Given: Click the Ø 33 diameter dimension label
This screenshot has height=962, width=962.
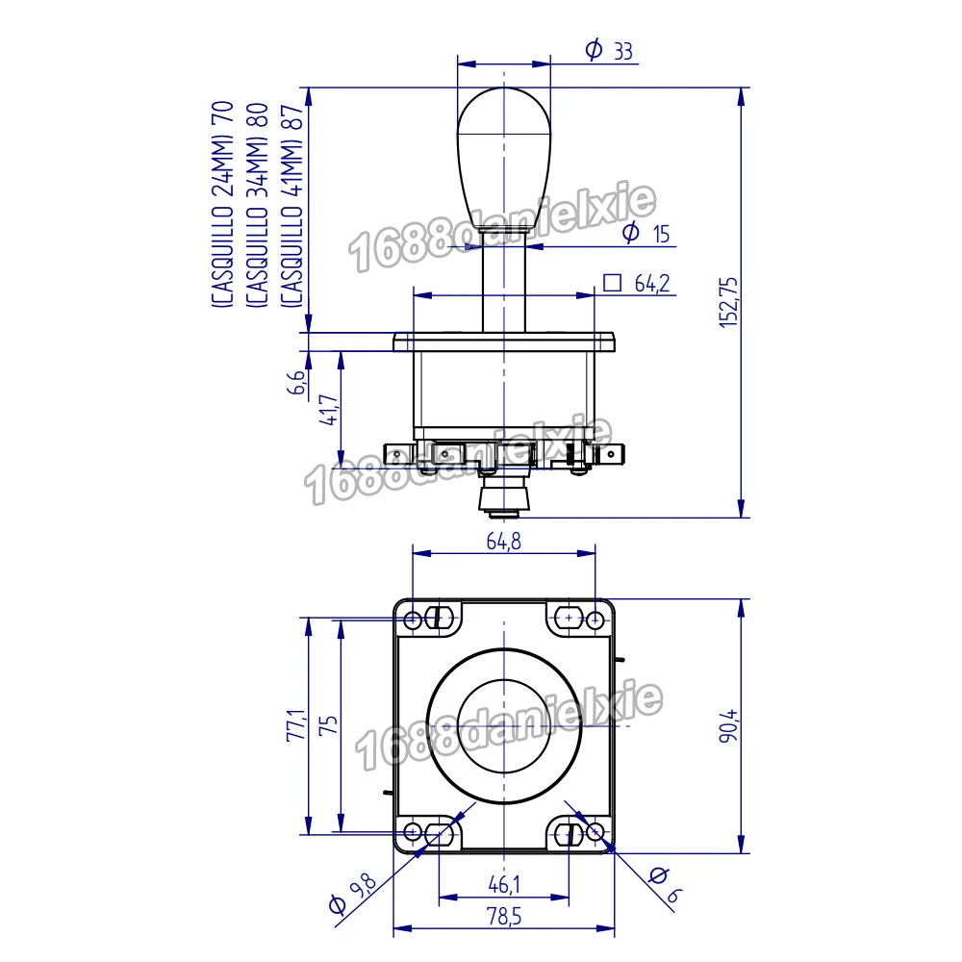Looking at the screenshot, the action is click(x=609, y=50).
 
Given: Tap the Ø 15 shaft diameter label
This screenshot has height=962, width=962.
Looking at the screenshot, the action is click(x=646, y=233).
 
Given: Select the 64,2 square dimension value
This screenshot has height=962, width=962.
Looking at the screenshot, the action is click(x=652, y=284).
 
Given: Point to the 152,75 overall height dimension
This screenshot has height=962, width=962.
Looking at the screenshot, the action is click(x=728, y=302).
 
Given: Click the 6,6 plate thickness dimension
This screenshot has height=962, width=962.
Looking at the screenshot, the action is click(x=296, y=382).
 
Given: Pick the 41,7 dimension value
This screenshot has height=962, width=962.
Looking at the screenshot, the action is click(x=329, y=410).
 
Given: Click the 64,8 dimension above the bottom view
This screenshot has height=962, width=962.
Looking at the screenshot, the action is click(x=504, y=541).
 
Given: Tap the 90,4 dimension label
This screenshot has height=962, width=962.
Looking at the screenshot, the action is click(x=728, y=725).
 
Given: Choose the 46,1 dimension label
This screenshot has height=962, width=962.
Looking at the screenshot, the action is click(x=504, y=884).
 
